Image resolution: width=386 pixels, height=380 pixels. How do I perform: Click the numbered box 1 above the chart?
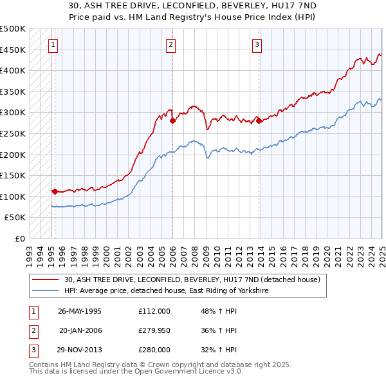pos(52,45)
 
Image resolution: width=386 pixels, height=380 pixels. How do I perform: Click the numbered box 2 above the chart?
pos(170,45)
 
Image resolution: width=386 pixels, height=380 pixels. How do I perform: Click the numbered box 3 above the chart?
pos(257,45)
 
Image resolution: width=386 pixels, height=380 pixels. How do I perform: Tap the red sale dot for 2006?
pos(172,120)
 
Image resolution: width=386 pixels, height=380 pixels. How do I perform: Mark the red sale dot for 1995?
pos(55,191)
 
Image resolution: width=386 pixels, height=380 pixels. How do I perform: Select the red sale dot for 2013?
pos(259,120)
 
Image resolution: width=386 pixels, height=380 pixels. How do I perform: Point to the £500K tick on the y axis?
pos(13,29)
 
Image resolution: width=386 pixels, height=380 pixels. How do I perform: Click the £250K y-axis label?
pos(13,133)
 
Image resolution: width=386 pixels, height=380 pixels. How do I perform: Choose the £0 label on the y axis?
pos(19,238)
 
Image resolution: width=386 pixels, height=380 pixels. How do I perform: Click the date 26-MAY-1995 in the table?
pos(80,310)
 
